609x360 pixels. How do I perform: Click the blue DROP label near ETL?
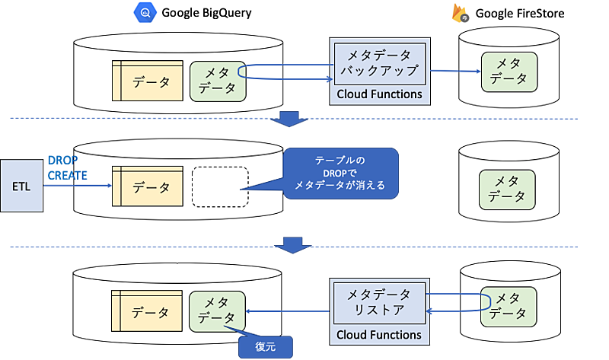click(x=62, y=161)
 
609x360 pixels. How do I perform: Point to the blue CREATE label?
click(x=67, y=175)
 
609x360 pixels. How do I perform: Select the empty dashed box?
click(x=220, y=186)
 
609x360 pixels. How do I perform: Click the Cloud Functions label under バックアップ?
click(x=378, y=94)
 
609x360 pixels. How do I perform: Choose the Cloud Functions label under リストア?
click(x=378, y=334)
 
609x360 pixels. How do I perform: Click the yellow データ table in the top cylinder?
click(x=148, y=80)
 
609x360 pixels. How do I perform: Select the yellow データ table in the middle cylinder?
click(x=148, y=186)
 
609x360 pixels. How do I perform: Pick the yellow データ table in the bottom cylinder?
click(x=148, y=311)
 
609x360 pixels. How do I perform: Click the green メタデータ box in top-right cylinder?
click(x=509, y=70)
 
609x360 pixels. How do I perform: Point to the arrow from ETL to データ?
click(x=76, y=185)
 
